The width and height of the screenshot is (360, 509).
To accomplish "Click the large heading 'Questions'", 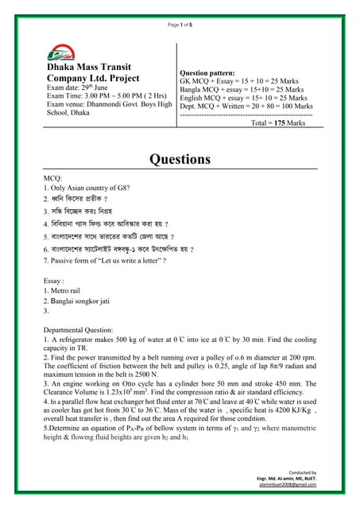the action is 180,158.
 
